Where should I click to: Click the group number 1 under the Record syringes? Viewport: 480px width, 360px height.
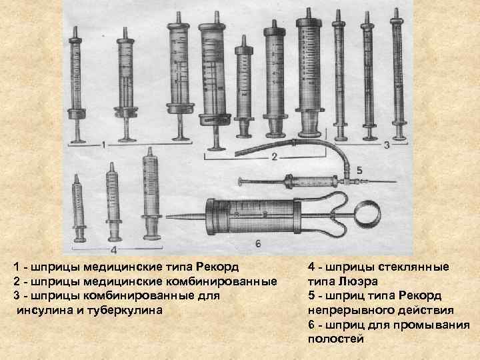click(x=104, y=145)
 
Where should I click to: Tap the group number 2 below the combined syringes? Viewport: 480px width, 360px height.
click(x=274, y=157)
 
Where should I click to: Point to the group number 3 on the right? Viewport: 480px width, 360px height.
click(x=387, y=145)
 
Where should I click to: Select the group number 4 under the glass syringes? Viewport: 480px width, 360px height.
click(x=113, y=251)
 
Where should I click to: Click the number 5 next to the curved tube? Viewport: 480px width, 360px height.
click(x=359, y=170)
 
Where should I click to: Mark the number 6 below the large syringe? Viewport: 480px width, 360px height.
click(x=258, y=244)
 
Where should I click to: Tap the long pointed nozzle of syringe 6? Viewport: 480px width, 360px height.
click(x=186, y=217)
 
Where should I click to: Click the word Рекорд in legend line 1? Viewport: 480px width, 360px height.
click(x=217, y=267)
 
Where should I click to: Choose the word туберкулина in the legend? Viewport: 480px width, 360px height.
click(x=125, y=311)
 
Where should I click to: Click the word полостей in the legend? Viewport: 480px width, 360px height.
click(x=336, y=339)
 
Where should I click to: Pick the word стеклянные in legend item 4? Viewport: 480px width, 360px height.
click(x=413, y=267)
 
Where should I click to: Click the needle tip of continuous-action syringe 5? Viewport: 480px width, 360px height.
click(x=396, y=182)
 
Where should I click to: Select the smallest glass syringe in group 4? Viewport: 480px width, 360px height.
click(x=79, y=208)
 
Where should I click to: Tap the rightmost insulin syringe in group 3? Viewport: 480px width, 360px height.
click(x=398, y=74)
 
